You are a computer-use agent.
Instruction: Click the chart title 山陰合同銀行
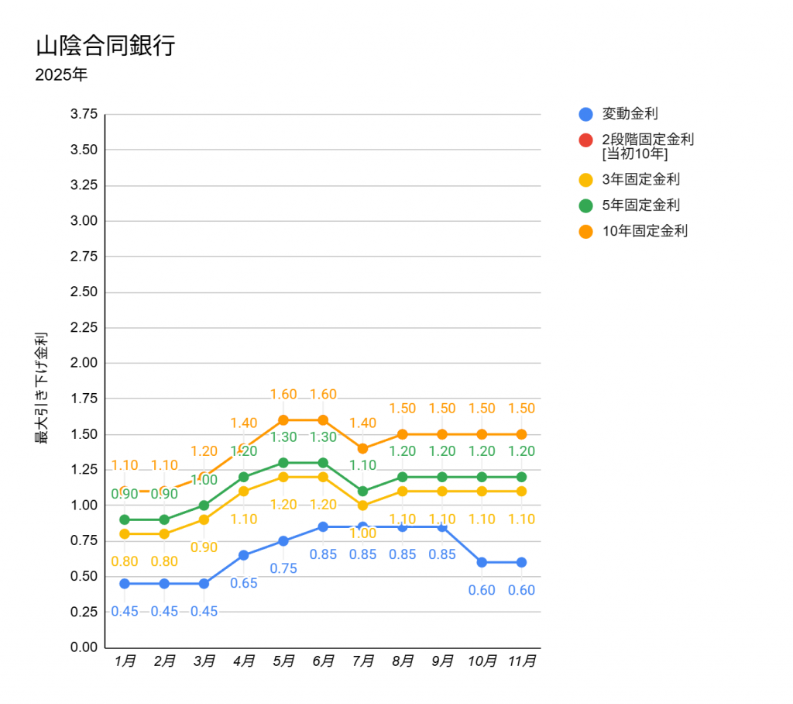coord(105,46)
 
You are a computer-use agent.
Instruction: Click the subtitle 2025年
coord(61,76)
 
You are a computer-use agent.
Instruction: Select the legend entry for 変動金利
coord(630,114)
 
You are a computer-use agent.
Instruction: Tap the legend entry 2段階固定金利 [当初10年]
coord(647,146)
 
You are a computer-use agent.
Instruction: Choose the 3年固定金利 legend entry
coord(640,179)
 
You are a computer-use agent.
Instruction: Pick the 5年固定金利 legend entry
coord(640,205)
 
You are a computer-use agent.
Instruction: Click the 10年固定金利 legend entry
coord(644,230)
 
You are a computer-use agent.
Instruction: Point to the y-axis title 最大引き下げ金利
coord(41,388)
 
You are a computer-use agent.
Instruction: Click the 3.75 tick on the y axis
coord(84,114)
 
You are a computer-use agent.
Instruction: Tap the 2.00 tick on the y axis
coord(84,363)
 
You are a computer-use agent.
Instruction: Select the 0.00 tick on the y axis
coord(84,647)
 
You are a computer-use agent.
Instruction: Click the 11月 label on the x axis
coord(521,661)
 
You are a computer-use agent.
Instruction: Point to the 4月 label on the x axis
coord(244,661)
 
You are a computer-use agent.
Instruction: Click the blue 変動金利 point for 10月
coord(482,562)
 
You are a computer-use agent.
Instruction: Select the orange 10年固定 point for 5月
coord(283,420)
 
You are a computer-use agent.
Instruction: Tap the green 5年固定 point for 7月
coord(362,491)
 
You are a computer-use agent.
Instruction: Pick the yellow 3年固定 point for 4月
coord(244,491)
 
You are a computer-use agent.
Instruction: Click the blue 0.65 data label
coord(244,583)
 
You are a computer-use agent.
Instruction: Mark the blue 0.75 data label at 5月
coord(283,568)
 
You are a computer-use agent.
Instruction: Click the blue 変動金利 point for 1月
coord(125,583)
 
